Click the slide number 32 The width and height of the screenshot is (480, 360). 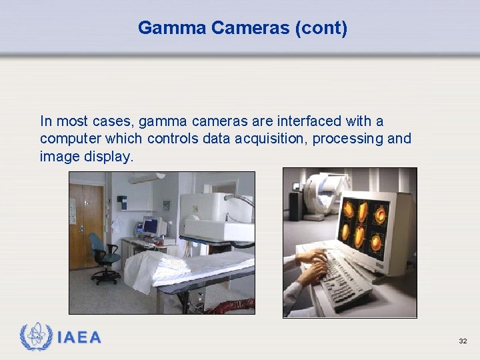click(x=463, y=341)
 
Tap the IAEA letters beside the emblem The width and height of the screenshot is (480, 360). click(x=79, y=337)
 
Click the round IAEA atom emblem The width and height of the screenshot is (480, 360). click(x=37, y=337)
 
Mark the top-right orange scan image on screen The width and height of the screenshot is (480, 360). click(x=381, y=215)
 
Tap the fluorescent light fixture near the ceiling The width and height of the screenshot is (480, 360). click(x=147, y=177)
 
